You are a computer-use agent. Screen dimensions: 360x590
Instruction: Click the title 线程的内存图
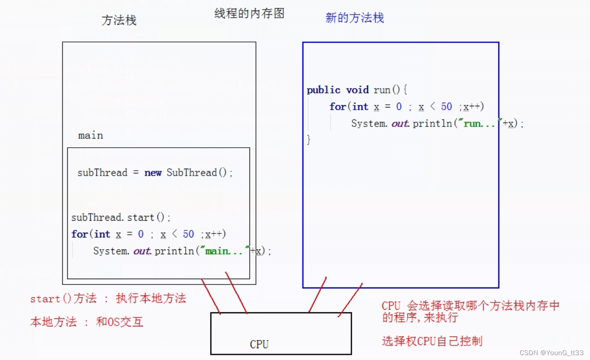(249, 14)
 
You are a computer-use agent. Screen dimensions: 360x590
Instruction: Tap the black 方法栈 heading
(119, 20)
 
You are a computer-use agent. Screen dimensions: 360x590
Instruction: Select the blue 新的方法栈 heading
(354, 18)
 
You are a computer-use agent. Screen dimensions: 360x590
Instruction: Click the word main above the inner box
(91, 135)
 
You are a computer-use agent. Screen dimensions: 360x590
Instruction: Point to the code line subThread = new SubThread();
(155, 172)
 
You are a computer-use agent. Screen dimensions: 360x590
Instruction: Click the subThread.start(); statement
(121, 218)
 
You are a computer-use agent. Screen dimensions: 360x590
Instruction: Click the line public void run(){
(356, 90)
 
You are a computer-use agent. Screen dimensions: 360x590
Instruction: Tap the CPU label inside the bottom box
(259, 345)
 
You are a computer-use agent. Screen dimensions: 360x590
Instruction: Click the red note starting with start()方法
(108, 299)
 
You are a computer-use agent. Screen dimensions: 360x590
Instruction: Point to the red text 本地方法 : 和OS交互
(87, 322)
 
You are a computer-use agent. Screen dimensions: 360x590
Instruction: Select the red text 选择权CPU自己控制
(432, 341)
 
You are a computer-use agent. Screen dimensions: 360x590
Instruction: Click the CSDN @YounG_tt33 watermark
(551, 352)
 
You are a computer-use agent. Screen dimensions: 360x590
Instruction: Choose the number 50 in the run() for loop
(446, 107)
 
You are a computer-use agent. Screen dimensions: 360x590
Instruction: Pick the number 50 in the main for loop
(188, 234)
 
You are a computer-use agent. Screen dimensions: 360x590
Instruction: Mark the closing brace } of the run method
(309, 140)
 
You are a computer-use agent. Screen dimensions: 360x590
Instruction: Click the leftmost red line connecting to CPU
(211, 295)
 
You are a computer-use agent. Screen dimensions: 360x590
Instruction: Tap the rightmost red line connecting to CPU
(350, 300)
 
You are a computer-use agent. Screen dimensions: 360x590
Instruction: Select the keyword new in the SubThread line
(153, 172)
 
